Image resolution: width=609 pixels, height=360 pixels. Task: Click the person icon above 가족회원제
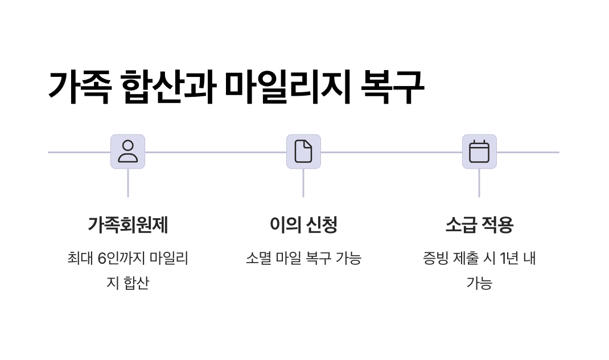(127, 152)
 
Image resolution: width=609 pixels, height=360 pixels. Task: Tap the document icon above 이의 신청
(303, 152)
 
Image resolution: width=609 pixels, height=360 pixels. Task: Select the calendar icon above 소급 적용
(479, 152)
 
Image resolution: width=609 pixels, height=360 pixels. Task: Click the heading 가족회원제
(127, 225)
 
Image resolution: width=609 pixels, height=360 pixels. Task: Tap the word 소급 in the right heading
(460, 225)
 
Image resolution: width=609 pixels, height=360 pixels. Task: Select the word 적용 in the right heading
(497, 225)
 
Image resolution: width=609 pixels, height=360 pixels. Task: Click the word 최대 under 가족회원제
(80, 259)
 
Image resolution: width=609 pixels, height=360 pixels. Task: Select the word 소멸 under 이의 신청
(258, 259)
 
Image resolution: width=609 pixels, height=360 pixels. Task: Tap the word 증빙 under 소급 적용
(435, 259)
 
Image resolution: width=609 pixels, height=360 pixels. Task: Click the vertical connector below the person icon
(127, 183)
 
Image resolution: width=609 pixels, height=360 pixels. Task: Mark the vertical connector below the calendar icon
(479, 183)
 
